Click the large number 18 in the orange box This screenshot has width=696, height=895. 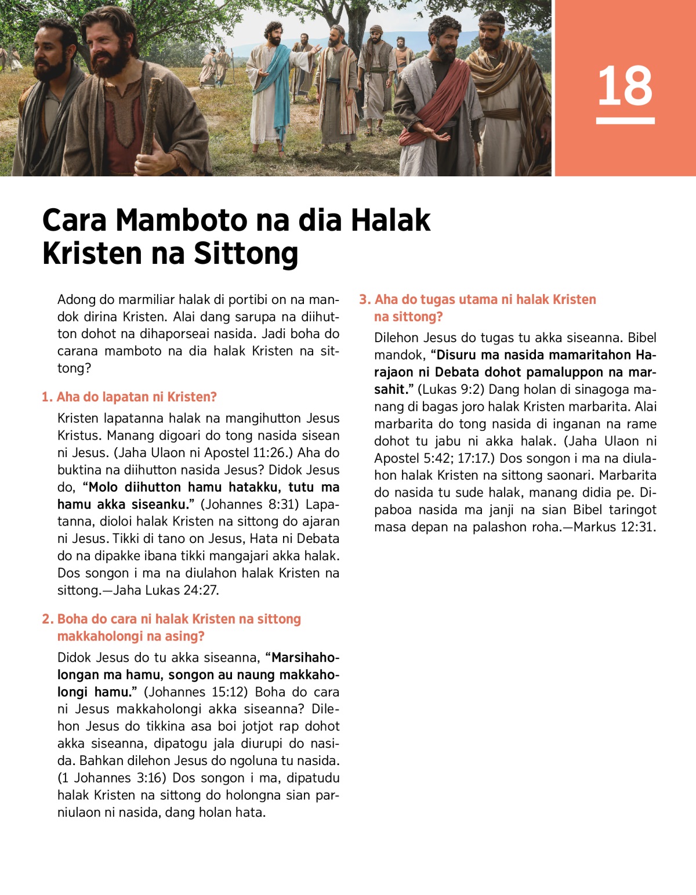point(625,86)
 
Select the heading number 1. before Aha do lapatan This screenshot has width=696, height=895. point(47,397)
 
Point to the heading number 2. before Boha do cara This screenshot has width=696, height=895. point(48,619)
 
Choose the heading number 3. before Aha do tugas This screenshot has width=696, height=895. point(364,300)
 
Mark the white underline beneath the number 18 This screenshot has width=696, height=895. point(625,121)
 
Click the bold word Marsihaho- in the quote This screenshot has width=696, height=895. point(305,658)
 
